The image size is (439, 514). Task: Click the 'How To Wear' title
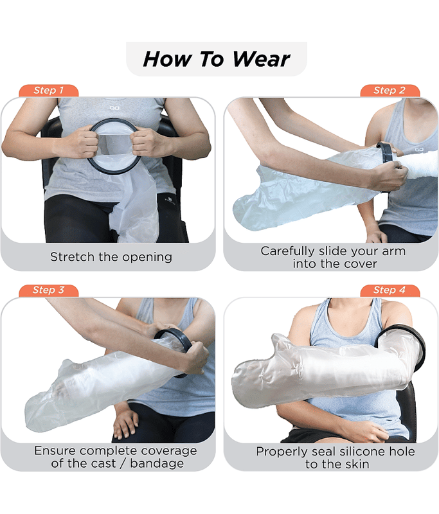(217, 59)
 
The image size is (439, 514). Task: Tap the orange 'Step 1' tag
(48, 91)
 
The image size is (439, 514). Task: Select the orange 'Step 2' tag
(390, 91)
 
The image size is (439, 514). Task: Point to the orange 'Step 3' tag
(48, 290)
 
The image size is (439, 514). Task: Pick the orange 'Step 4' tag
(390, 290)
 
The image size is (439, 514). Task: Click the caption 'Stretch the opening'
(111, 257)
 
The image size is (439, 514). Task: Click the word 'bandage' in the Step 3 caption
(157, 463)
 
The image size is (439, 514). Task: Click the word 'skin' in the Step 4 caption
(357, 464)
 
